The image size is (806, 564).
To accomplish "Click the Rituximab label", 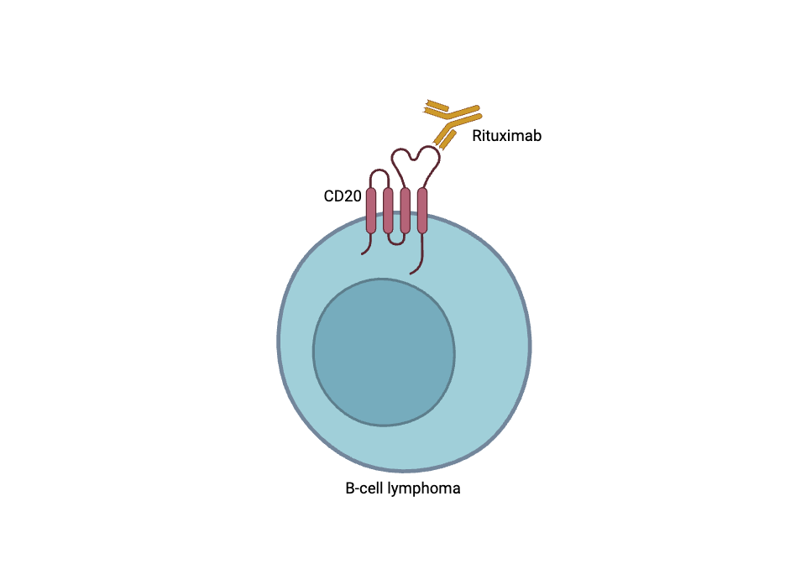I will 506,136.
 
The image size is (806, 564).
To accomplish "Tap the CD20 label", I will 343,196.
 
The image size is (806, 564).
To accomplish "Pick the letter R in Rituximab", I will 477,136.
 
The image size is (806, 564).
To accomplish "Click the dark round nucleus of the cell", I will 384,352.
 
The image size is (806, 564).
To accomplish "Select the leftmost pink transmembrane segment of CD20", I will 371,210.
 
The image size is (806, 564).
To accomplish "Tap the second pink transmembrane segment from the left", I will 388,210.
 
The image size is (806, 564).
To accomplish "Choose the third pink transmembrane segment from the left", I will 406,210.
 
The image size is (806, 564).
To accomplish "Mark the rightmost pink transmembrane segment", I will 422,210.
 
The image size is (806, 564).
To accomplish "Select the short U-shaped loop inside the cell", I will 396,241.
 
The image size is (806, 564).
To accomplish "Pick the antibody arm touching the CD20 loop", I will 445,136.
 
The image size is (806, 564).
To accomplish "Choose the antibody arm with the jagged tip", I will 437,107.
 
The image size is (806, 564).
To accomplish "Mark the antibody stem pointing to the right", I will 466,111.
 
